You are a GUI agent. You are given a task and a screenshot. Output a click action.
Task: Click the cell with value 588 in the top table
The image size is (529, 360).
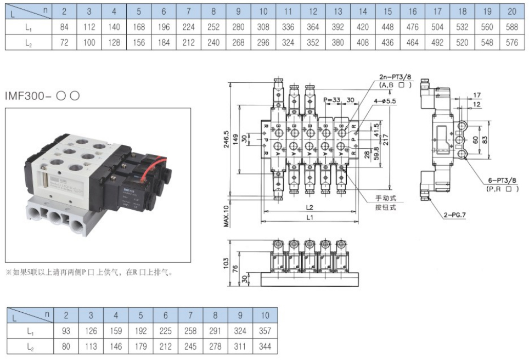pyautogui.click(x=512, y=26)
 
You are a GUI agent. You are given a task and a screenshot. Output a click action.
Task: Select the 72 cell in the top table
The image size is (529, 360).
pyautogui.click(x=64, y=42)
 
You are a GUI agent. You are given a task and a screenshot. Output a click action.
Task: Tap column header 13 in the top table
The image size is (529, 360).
pyautogui.click(x=337, y=10)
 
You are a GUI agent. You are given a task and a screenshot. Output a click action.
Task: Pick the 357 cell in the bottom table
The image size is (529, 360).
pyautogui.click(x=265, y=331)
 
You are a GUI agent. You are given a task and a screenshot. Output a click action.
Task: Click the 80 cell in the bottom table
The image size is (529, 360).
pyautogui.click(x=66, y=346)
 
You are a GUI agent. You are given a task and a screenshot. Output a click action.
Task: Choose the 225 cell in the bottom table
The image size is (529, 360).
pyautogui.click(x=165, y=331)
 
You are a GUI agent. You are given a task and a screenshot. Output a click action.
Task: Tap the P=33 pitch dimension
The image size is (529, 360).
pyautogui.click(x=332, y=100)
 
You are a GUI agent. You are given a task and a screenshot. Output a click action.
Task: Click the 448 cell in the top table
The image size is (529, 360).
pyautogui.click(x=387, y=26)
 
